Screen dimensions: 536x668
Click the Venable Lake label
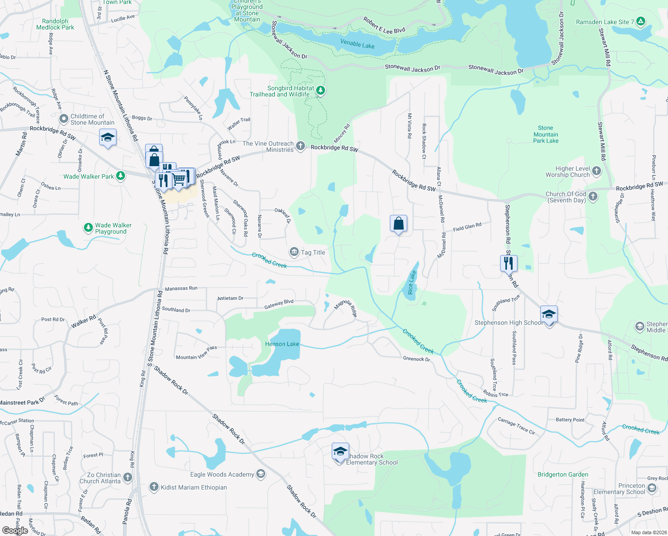tap(357, 44)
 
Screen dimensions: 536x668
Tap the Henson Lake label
tap(282, 344)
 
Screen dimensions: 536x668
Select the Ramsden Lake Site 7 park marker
tap(641, 21)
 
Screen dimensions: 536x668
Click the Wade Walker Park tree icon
tap(120, 176)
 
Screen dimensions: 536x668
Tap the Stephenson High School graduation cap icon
tap(549, 314)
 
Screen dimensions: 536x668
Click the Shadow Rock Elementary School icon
tap(340, 452)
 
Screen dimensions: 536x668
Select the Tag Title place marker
tap(294, 252)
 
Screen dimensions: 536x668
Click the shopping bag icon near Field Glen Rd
tap(398, 223)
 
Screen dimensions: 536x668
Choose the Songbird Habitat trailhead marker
tap(320, 91)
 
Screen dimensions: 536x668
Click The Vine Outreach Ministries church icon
tap(301, 146)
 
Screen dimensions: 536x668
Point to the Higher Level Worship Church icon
tap(596, 171)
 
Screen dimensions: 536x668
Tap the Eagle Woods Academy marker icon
tap(261, 474)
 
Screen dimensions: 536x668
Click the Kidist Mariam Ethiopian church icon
tap(154, 487)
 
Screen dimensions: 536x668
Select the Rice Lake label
tap(412, 282)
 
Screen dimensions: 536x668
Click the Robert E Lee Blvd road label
tap(384, 26)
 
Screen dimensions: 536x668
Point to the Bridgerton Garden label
tap(563, 474)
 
